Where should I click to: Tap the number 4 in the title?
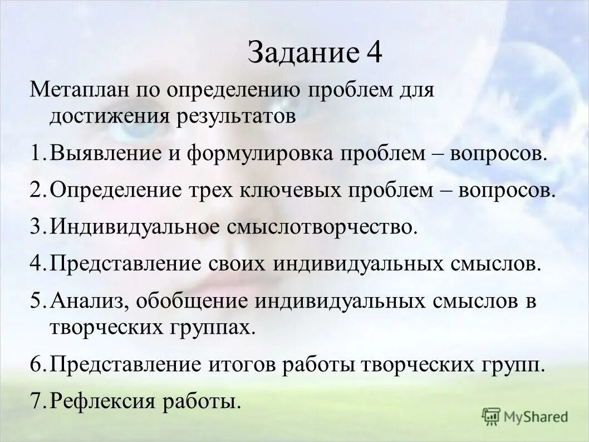point(374,55)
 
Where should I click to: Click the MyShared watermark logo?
point(526,416)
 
